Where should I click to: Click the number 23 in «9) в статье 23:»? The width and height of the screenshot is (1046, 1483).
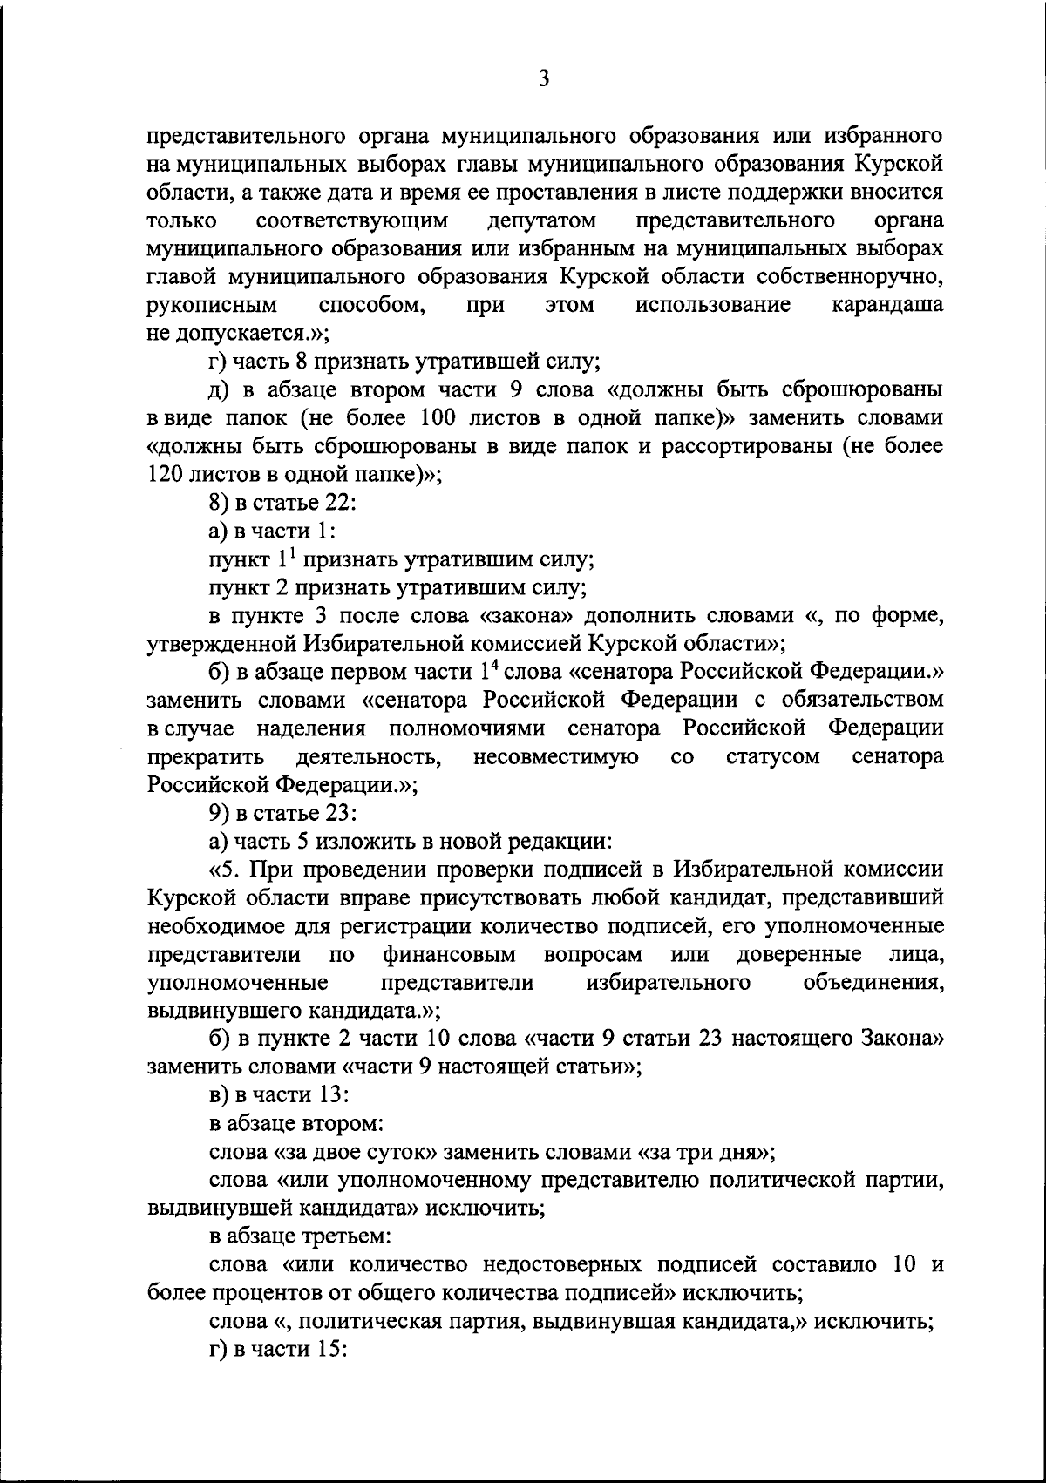pos(335,813)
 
